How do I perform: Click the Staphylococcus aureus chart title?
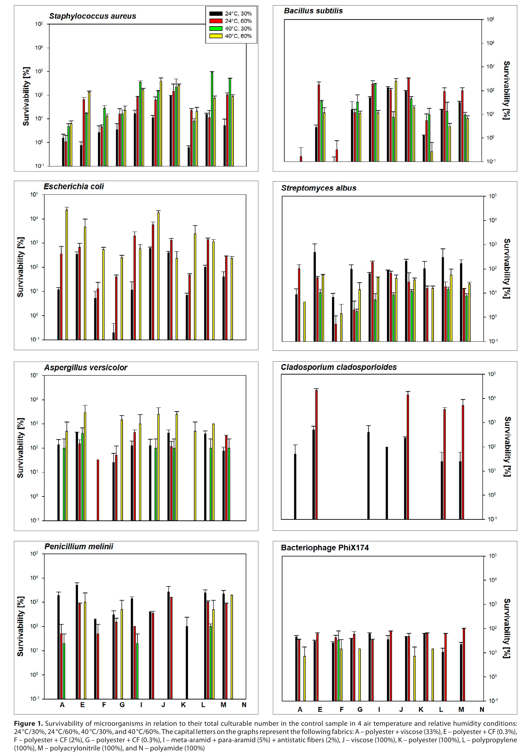(x=93, y=16)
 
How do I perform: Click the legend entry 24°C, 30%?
(x=230, y=13)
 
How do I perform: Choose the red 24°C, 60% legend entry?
(x=230, y=21)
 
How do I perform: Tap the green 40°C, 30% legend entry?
(x=230, y=29)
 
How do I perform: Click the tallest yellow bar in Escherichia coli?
(x=67, y=273)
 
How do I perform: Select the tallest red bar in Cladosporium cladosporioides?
(x=317, y=454)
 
